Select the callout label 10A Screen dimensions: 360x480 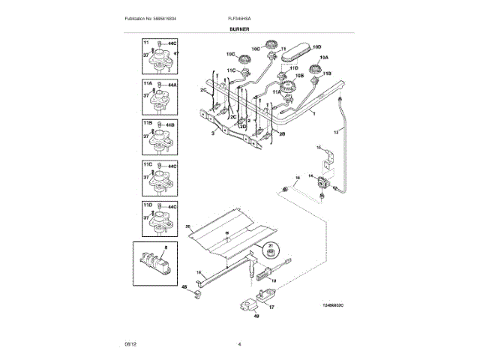(324, 57)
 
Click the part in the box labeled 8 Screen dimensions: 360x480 (158, 263)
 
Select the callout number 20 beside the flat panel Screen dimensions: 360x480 (189, 226)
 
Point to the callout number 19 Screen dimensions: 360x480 (274, 280)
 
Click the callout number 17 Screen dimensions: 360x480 (271, 306)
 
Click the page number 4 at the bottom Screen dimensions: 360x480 (239, 343)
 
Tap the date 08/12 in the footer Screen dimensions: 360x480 (130, 343)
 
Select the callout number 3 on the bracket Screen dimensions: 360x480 (213, 131)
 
